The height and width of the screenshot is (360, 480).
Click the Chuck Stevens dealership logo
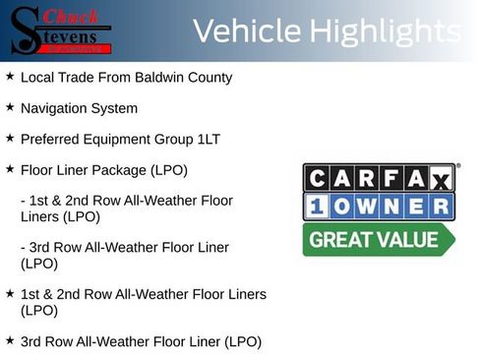coord(61,30)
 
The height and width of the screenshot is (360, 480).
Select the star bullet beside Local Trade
coord(10,76)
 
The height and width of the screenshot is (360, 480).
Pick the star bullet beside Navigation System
coord(10,107)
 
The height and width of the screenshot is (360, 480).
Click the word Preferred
coord(50,139)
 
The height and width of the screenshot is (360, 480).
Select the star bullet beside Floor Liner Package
coord(10,170)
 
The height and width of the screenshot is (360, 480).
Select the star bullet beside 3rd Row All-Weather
coord(10,341)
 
